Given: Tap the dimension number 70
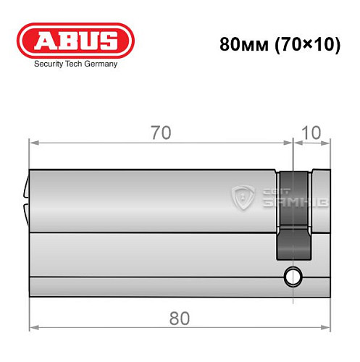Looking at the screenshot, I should [160, 133].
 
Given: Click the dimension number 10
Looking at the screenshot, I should [311, 133].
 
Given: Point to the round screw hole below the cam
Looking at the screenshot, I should [293, 276].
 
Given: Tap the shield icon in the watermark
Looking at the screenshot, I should [242, 196].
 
